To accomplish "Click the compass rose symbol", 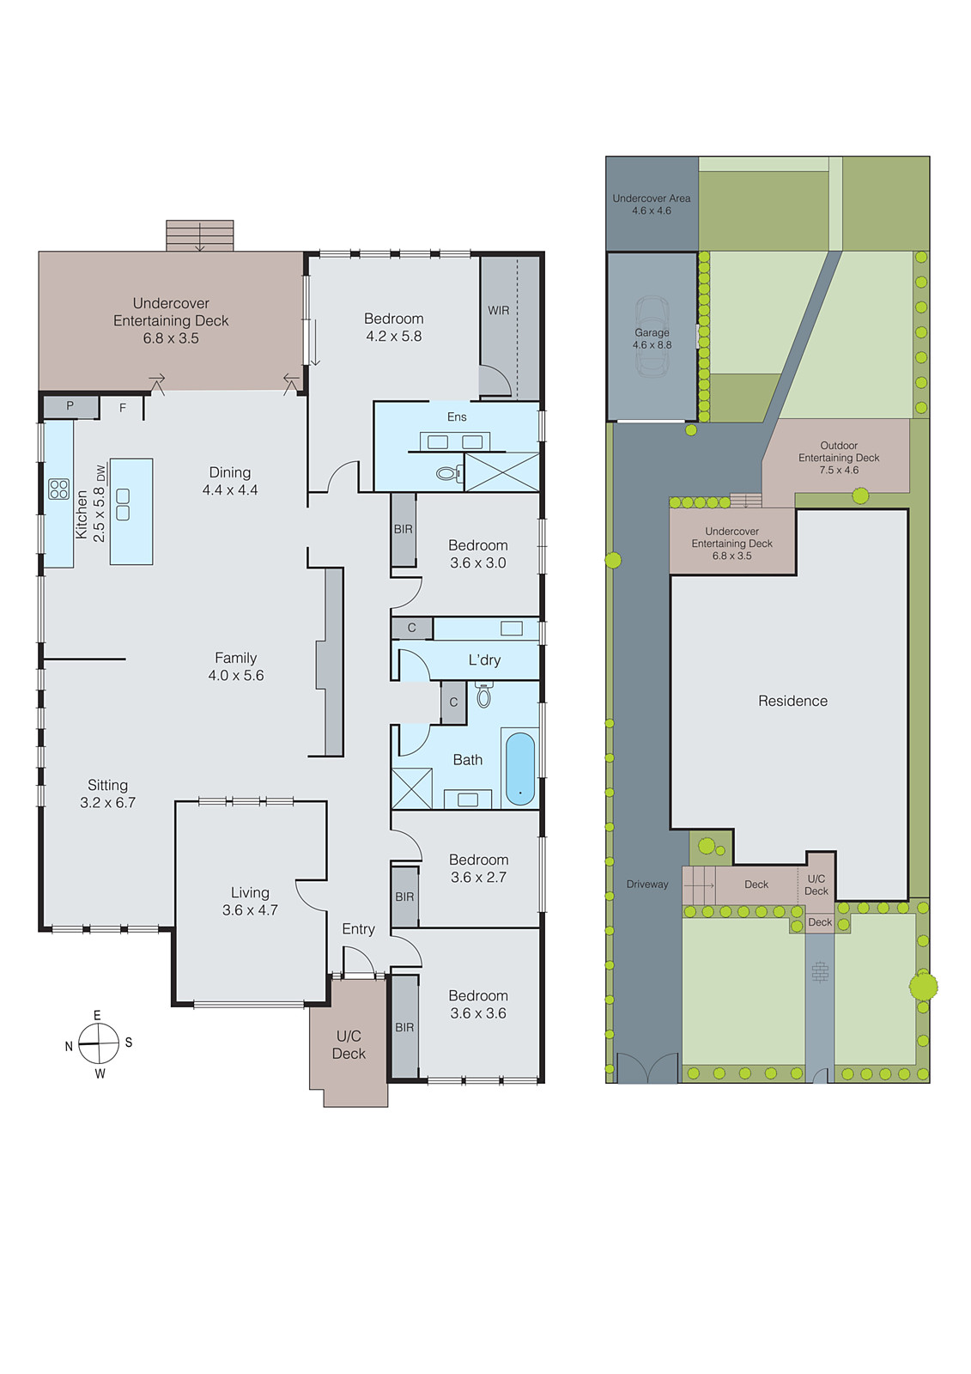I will tap(99, 1043).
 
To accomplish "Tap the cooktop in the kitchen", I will tap(58, 489).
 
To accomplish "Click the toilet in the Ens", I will tap(447, 473).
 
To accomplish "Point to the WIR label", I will tap(499, 311).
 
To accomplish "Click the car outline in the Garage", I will tap(652, 337).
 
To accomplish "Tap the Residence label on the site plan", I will tap(792, 701).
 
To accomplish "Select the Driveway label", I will tap(647, 885).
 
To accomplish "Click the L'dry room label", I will tap(484, 660).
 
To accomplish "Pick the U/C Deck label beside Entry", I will tap(349, 1044).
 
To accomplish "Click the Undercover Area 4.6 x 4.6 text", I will tap(652, 204).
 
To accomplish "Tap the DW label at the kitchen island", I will tap(101, 473).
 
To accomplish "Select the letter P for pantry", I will tap(70, 405).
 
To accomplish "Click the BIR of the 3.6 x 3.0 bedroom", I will tap(404, 529).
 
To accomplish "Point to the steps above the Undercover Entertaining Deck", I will tap(200, 235).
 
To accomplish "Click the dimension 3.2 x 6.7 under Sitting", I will tap(107, 803).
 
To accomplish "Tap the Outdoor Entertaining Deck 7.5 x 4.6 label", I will tap(839, 458).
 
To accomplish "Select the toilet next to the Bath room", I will tap(484, 695).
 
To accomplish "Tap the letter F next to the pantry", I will tap(123, 408).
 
